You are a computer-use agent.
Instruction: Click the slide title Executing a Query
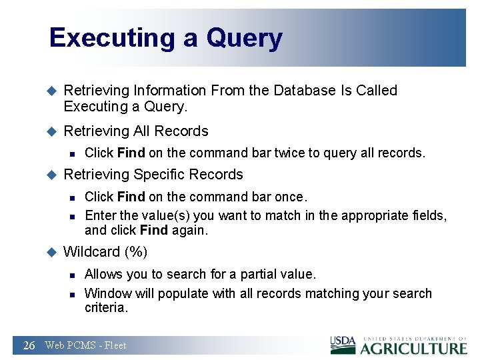tap(165, 38)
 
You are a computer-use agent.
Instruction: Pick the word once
tap(291, 197)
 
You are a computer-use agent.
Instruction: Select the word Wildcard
tap(89, 252)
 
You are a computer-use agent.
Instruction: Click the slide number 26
tap(29, 345)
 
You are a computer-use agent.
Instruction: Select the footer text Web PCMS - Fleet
tap(85, 345)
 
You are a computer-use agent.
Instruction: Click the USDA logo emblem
tap(343, 345)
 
